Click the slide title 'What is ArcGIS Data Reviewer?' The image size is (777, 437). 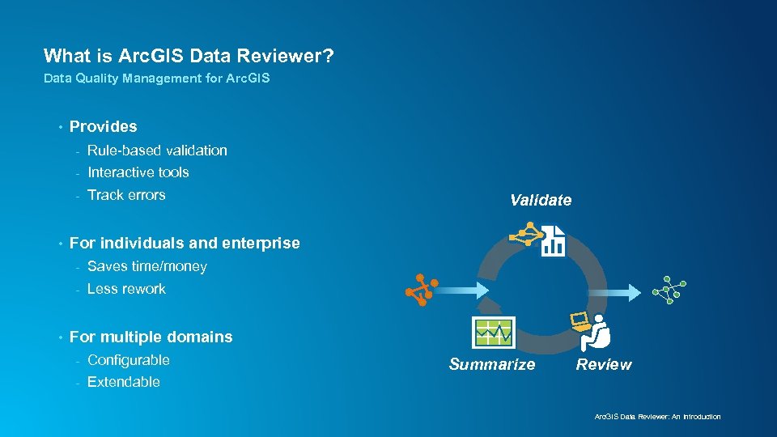[189, 56]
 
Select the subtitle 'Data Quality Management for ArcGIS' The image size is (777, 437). [156, 78]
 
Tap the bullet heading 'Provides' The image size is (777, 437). [103, 126]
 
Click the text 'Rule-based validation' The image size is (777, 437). [157, 151]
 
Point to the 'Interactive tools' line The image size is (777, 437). [138, 172]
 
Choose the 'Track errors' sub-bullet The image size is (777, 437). [126, 195]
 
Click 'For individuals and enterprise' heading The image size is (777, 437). [185, 243]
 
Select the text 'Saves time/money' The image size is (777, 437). [146, 266]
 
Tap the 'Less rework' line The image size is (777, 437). [126, 289]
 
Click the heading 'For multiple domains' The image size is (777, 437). [151, 337]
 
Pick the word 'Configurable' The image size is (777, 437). [128, 360]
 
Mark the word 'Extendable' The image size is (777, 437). [123, 382]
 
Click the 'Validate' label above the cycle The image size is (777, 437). [540, 200]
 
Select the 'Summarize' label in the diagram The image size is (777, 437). [491, 364]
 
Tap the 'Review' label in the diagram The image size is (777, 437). [603, 364]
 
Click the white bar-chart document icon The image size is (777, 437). [553, 241]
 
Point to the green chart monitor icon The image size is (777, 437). [493, 332]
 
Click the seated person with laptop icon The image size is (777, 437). [597, 332]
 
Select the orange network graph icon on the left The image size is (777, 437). [421, 290]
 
